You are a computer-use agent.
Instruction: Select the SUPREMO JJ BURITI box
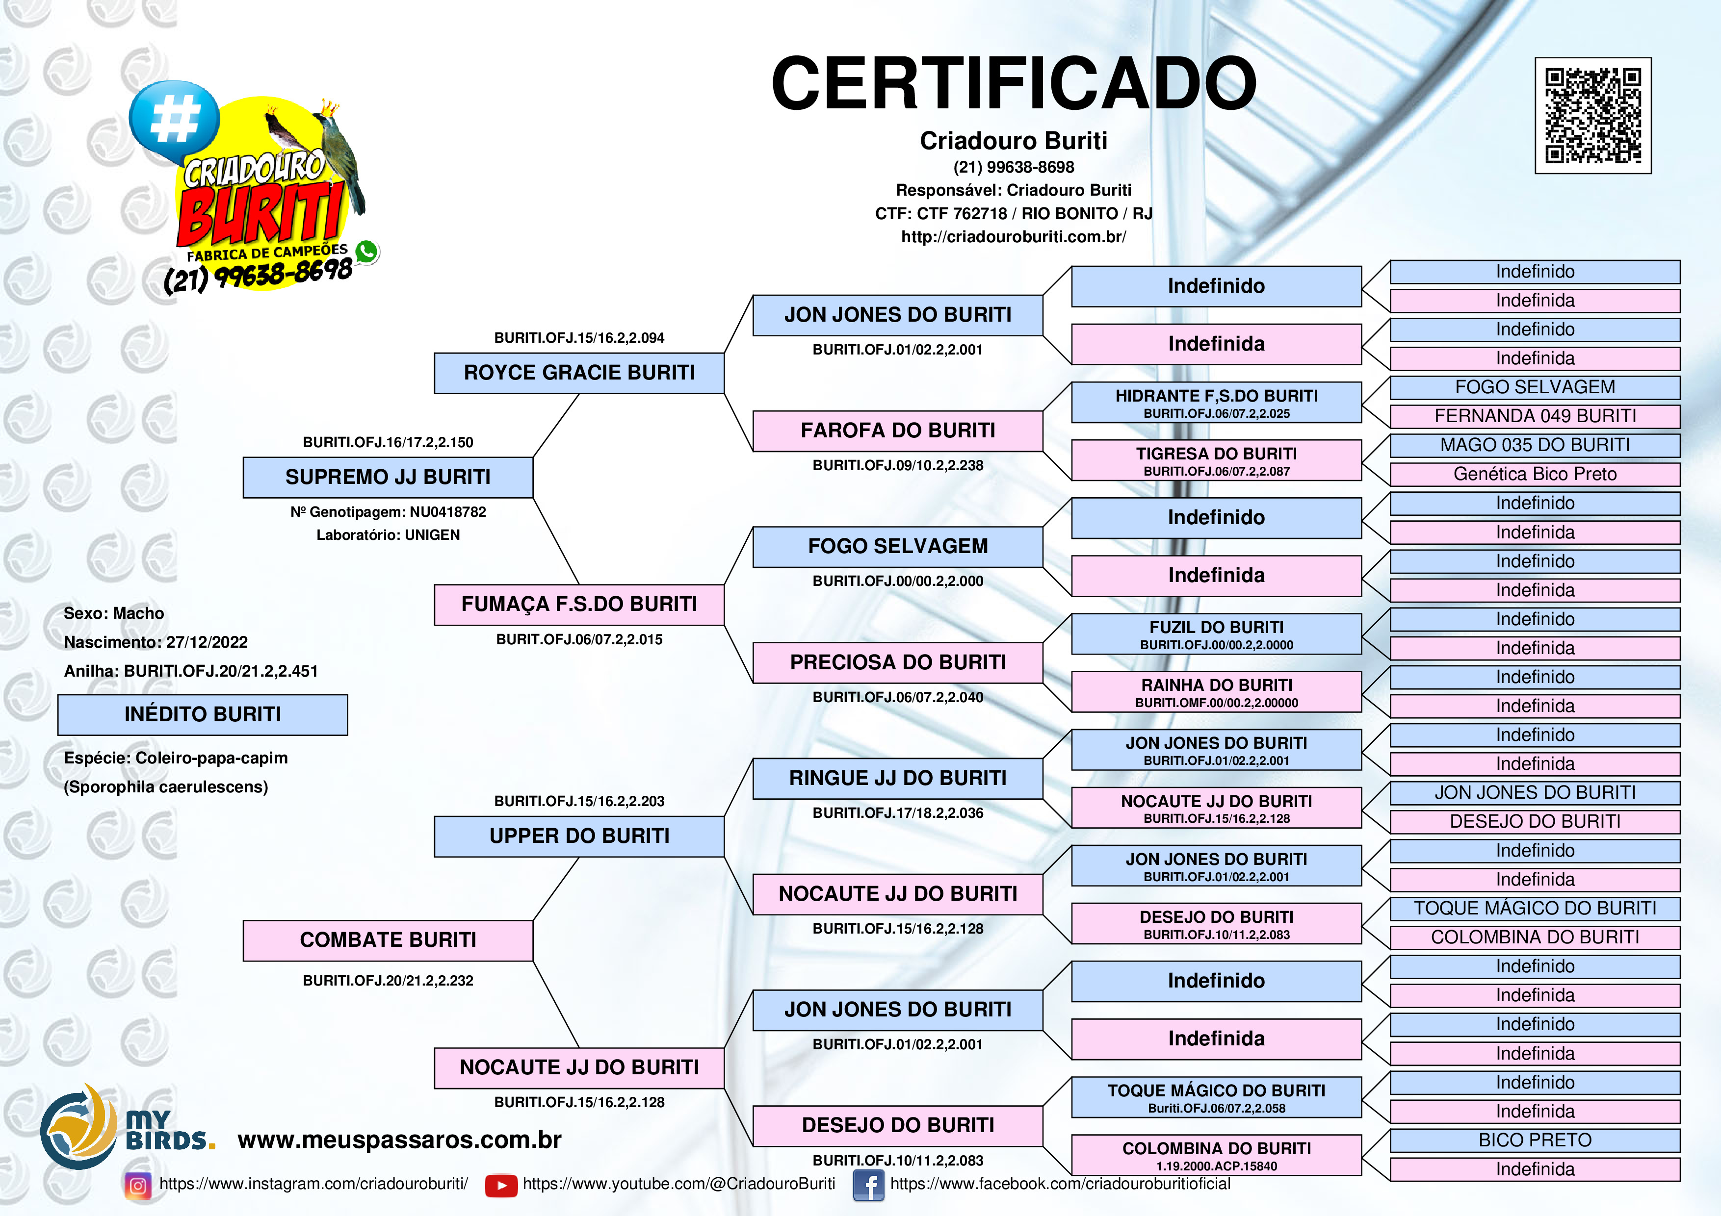click(x=388, y=477)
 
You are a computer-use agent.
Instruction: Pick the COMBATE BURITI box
click(x=388, y=940)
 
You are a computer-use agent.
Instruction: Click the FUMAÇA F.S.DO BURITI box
click(x=579, y=605)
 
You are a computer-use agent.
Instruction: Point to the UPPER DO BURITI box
click(x=579, y=836)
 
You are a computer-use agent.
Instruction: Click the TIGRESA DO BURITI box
click(x=1216, y=460)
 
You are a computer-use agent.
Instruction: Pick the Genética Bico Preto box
click(x=1535, y=474)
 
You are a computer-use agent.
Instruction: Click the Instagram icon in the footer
click(x=138, y=1185)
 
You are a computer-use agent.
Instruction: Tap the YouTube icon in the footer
click(x=501, y=1185)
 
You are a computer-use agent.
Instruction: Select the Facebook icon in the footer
click(x=868, y=1185)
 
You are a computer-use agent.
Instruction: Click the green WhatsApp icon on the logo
click(x=366, y=252)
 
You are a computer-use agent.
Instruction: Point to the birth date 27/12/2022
click(x=207, y=642)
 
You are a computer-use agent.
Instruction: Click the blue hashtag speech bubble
click(x=174, y=120)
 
